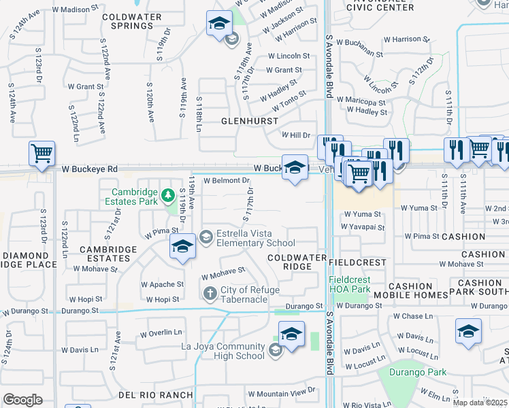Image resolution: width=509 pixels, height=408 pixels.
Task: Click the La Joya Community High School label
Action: click(223, 351)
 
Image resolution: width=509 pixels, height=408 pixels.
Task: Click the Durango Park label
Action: click(418, 372)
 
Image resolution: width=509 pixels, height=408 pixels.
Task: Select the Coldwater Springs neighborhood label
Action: click(131, 21)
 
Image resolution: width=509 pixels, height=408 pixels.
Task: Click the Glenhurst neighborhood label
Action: click(250, 121)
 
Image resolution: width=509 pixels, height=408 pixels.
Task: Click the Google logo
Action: click(22, 399)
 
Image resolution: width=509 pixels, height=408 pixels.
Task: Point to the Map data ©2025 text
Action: click(480, 403)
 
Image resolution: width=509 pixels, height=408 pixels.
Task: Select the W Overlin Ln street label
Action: click(161, 333)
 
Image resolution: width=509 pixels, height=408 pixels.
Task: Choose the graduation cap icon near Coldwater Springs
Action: click(219, 24)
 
